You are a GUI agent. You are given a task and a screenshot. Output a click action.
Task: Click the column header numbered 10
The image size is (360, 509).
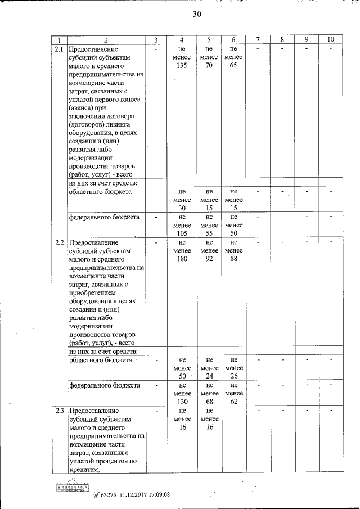click(x=331, y=40)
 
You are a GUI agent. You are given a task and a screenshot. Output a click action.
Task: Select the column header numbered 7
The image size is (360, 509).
click(x=257, y=40)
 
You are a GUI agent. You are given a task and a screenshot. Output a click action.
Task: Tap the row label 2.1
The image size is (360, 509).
click(x=59, y=49)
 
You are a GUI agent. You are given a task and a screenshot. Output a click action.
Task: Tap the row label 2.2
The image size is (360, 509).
click(x=59, y=243)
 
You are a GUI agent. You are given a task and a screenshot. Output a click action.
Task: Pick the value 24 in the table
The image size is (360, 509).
click(x=209, y=376)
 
